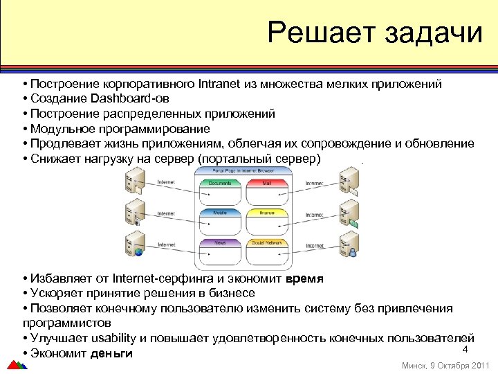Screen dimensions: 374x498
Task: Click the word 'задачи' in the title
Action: coord(433,33)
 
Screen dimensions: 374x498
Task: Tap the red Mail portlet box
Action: coord(267,184)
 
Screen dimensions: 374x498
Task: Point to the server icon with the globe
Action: coord(135,246)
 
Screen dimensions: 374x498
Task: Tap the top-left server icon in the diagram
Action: coord(133,181)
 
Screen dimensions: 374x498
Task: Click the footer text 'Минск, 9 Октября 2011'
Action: coord(445,365)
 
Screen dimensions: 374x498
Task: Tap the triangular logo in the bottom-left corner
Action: coord(15,364)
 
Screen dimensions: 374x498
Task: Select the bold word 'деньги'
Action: coord(112,353)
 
